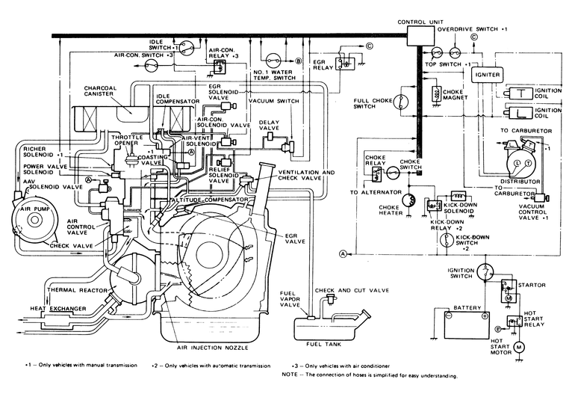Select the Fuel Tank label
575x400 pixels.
pos(325,345)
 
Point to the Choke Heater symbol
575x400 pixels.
pos(408,200)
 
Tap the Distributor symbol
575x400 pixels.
pos(515,163)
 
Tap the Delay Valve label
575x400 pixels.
pos(270,124)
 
